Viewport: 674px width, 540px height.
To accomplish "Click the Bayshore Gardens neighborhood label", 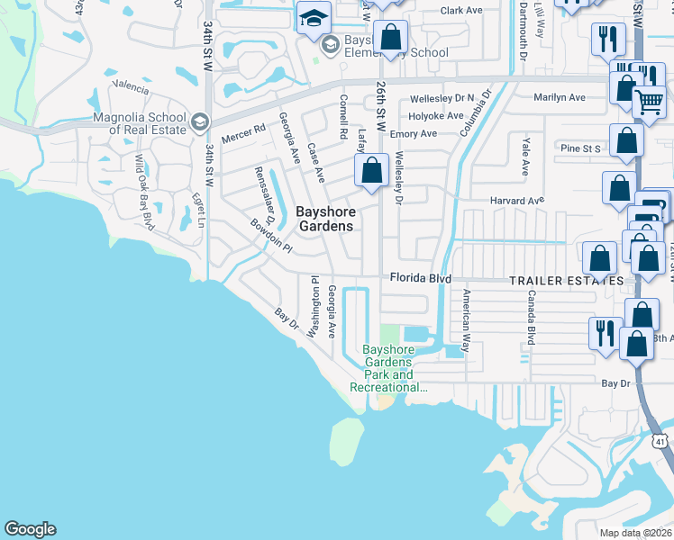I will click(x=325, y=219).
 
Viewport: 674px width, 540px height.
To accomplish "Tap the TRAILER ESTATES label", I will click(x=566, y=281).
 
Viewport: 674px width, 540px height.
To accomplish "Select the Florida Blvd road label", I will click(x=419, y=279).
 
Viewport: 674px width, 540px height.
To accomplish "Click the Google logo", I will click(x=30, y=529).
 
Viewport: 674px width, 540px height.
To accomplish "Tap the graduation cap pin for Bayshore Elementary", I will click(x=314, y=18).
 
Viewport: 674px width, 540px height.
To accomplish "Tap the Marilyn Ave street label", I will click(x=559, y=97).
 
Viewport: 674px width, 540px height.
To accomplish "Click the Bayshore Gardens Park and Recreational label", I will click(x=388, y=369).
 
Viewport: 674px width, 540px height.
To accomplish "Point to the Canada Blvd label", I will click(x=532, y=317).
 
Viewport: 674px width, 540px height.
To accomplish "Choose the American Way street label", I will click(x=466, y=319).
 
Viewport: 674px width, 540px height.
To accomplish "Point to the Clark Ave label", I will click(x=462, y=11).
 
